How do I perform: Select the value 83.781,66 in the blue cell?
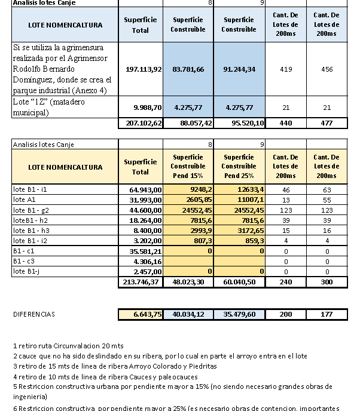188,69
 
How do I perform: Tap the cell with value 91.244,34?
239,69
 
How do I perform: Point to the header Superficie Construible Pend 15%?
188,167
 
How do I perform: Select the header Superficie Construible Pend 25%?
239,167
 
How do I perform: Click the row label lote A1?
23,199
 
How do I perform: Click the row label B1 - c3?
23,261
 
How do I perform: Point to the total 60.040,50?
239,281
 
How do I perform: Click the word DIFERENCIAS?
33,314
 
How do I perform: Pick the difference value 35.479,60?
239,314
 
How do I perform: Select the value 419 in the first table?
285,69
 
